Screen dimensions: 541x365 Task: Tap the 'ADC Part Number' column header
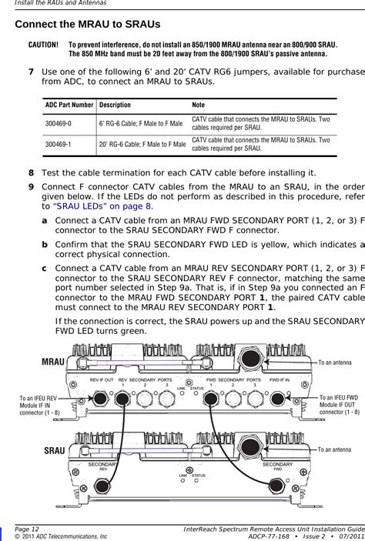pos(69,104)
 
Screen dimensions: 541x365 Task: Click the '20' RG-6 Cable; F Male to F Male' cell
pos(141,143)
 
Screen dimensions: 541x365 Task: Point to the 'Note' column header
pos(199,104)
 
